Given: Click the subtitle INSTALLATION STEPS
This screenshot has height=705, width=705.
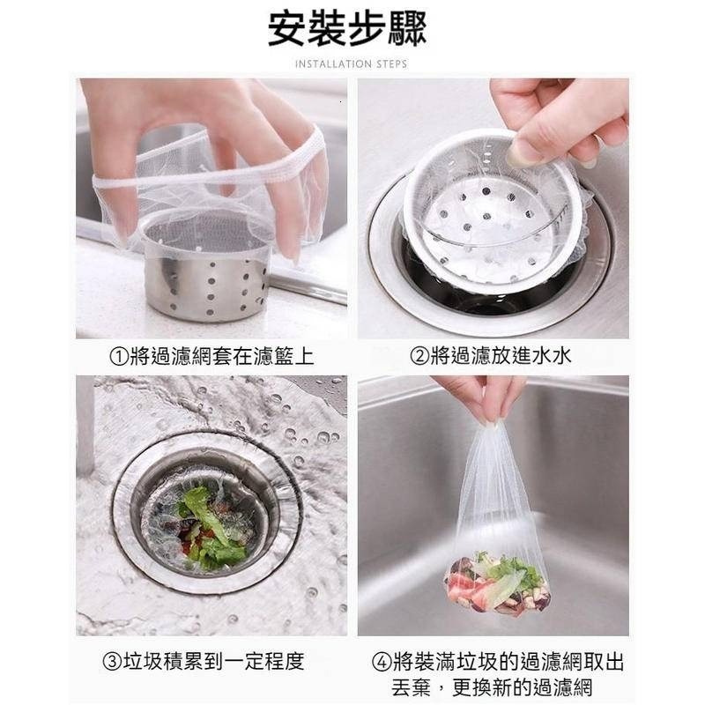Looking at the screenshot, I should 351,64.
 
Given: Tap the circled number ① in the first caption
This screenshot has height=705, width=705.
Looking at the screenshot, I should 118,356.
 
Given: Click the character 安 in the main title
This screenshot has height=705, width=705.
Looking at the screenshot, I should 287,28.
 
